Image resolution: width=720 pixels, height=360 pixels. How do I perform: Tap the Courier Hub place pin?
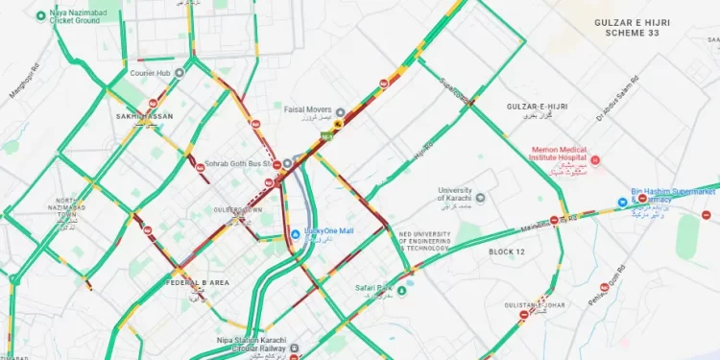pyautogui.click(x=179, y=71)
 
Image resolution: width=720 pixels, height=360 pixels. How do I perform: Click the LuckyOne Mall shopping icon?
pyautogui.click(x=296, y=232)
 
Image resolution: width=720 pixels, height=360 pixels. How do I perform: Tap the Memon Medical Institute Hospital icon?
pyautogui.click(x=595, y=159)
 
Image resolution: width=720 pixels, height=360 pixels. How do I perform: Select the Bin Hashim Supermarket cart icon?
pyautogui.click(x=623, y=204)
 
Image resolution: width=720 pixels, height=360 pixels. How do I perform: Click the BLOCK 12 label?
pyautogui.click(x=507, y=252)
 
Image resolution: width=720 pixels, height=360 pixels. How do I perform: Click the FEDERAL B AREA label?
pyautogui.click(x=198, y=282)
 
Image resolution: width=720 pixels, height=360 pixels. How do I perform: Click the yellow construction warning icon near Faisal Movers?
pyautogui.click(x=338, y=125)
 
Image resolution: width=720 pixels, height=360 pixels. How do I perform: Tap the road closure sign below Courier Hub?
pyautogui.click(x=153, y=104)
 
